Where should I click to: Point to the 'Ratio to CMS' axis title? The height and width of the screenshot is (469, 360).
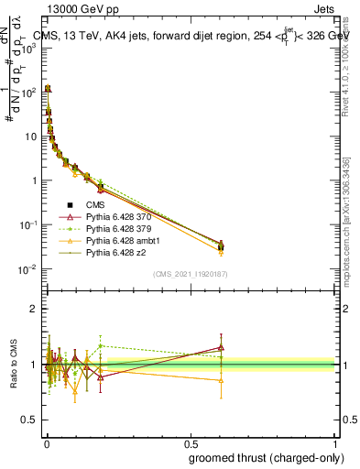tap(14, 365)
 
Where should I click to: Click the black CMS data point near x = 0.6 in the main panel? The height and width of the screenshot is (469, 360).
tap(220, 245)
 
